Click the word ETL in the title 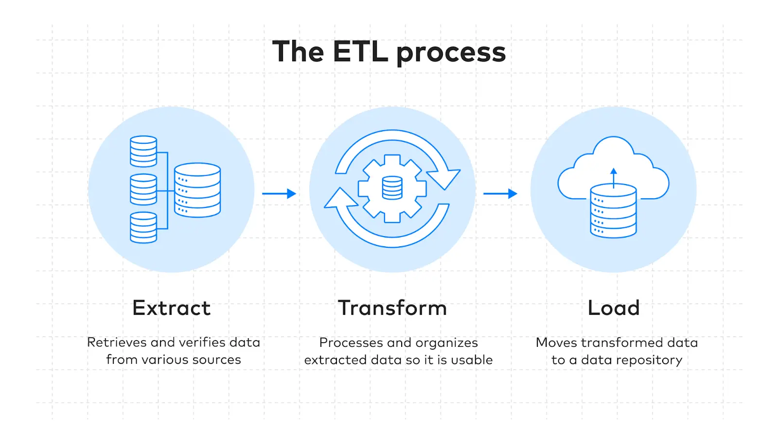360,51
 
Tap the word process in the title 451,52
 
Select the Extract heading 171,308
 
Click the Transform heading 392,308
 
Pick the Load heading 614,308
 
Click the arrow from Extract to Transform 279,194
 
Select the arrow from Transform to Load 500,194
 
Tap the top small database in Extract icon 143,152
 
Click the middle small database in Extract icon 143,189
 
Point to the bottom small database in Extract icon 143,227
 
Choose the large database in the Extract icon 197,190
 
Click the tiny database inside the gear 392,188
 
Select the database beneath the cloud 613,211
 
